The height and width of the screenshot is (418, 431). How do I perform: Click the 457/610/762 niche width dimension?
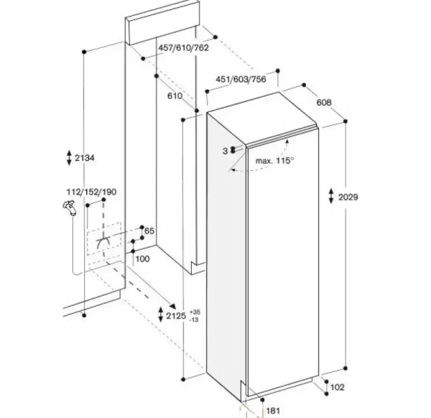183,48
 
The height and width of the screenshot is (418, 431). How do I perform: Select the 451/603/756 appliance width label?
241,79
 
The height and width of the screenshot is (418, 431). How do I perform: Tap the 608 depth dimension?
324,102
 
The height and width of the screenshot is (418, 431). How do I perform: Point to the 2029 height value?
348,197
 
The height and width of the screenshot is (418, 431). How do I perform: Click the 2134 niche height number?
85,158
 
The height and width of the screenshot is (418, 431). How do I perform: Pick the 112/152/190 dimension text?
91,192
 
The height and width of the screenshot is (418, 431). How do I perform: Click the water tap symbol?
69,208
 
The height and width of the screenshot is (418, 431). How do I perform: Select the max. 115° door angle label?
274,160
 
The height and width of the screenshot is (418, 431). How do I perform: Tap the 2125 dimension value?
176,316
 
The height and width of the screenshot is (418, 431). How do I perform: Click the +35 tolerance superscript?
195,312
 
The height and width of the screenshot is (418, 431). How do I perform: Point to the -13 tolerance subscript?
194,320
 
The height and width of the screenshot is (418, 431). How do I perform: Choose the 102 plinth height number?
337,387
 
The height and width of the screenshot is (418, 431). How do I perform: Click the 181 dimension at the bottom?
273,411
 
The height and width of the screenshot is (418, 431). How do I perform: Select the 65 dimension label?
149,231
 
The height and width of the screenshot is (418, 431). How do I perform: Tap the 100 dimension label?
143,259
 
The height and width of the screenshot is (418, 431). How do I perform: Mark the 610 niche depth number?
175,96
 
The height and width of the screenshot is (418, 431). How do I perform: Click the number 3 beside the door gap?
225,151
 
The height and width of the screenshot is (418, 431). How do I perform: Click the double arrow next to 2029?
331,196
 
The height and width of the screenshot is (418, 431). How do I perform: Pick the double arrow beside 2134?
69,157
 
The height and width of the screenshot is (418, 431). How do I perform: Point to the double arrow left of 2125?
160,315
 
